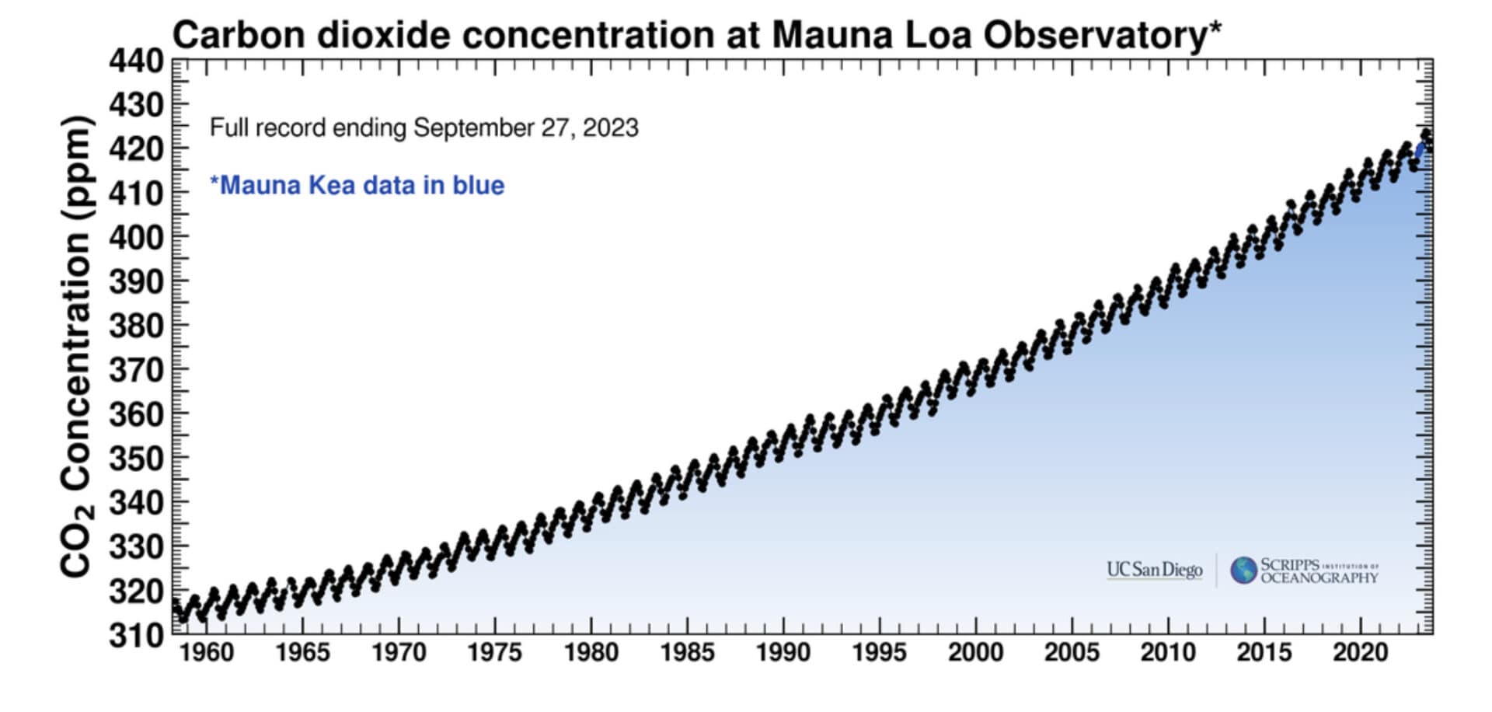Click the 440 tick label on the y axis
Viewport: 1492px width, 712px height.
(x=136, y=61)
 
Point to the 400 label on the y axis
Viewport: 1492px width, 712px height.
(x=136, y=237)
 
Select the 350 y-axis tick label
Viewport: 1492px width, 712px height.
(x=136, y=459)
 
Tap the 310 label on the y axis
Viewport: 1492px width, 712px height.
(x=136, y=636)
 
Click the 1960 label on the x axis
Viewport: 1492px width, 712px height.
(x=206, y=653)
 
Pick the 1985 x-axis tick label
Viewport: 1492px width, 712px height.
(x=687, y=653)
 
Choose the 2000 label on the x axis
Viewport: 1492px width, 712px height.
(x=975, y=653)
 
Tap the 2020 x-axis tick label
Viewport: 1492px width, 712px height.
(x=1360, y=653)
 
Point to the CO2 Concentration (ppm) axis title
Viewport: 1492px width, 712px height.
(x=78, y=346)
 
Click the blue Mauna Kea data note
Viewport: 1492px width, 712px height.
(x=357, y=186)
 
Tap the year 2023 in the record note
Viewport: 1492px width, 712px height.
(x=610, y=127)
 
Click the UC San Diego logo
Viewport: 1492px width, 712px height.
(x=1154, y=570)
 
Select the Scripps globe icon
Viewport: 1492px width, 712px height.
(x=1243, y=570)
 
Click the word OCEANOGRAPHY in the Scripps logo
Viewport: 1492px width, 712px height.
(x=1319, y=578)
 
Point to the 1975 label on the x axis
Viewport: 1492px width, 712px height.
(x=494, y=653)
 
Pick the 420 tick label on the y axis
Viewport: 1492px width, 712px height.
(x=136, y=148)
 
